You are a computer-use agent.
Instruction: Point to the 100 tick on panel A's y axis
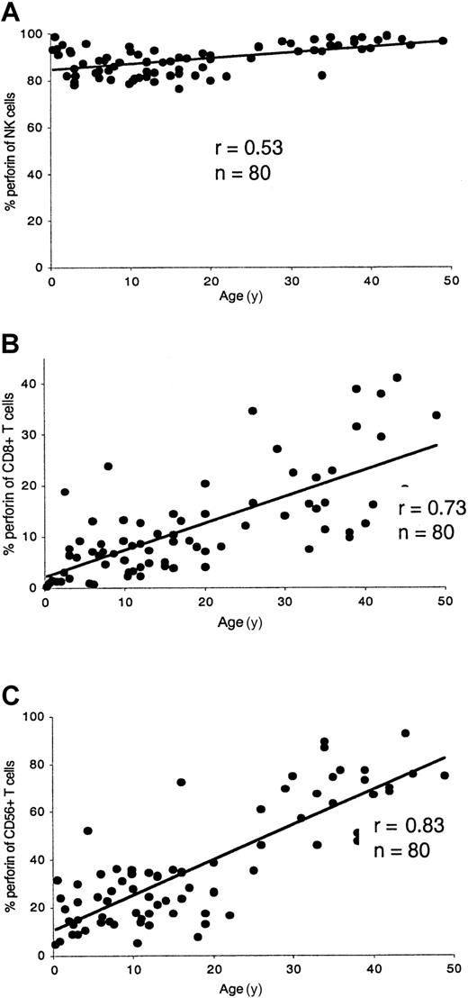[33, 34]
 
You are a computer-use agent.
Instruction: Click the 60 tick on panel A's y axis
[36, 128]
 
